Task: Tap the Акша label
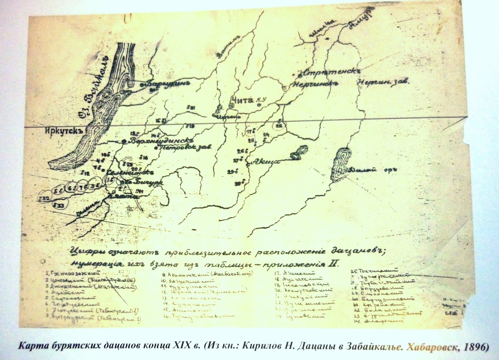pyautogui.click(x=264, y=161)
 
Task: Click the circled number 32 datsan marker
pyautogui.click(x=44, y=198)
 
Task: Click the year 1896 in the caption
pyautogui.click(x=474, y=347)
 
